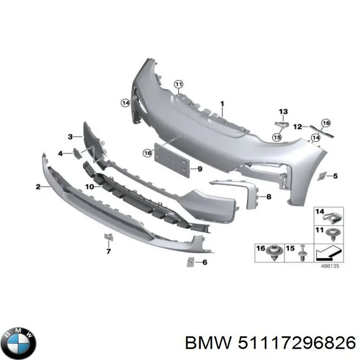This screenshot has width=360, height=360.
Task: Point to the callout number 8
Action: point(269,196)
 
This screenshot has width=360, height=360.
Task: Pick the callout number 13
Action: point(283,111)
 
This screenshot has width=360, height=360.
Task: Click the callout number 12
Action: point(297,127)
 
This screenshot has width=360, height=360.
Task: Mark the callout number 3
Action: point(70,136)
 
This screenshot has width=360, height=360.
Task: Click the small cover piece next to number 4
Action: point(76,153)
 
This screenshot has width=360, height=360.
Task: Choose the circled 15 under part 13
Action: point(276,136)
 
